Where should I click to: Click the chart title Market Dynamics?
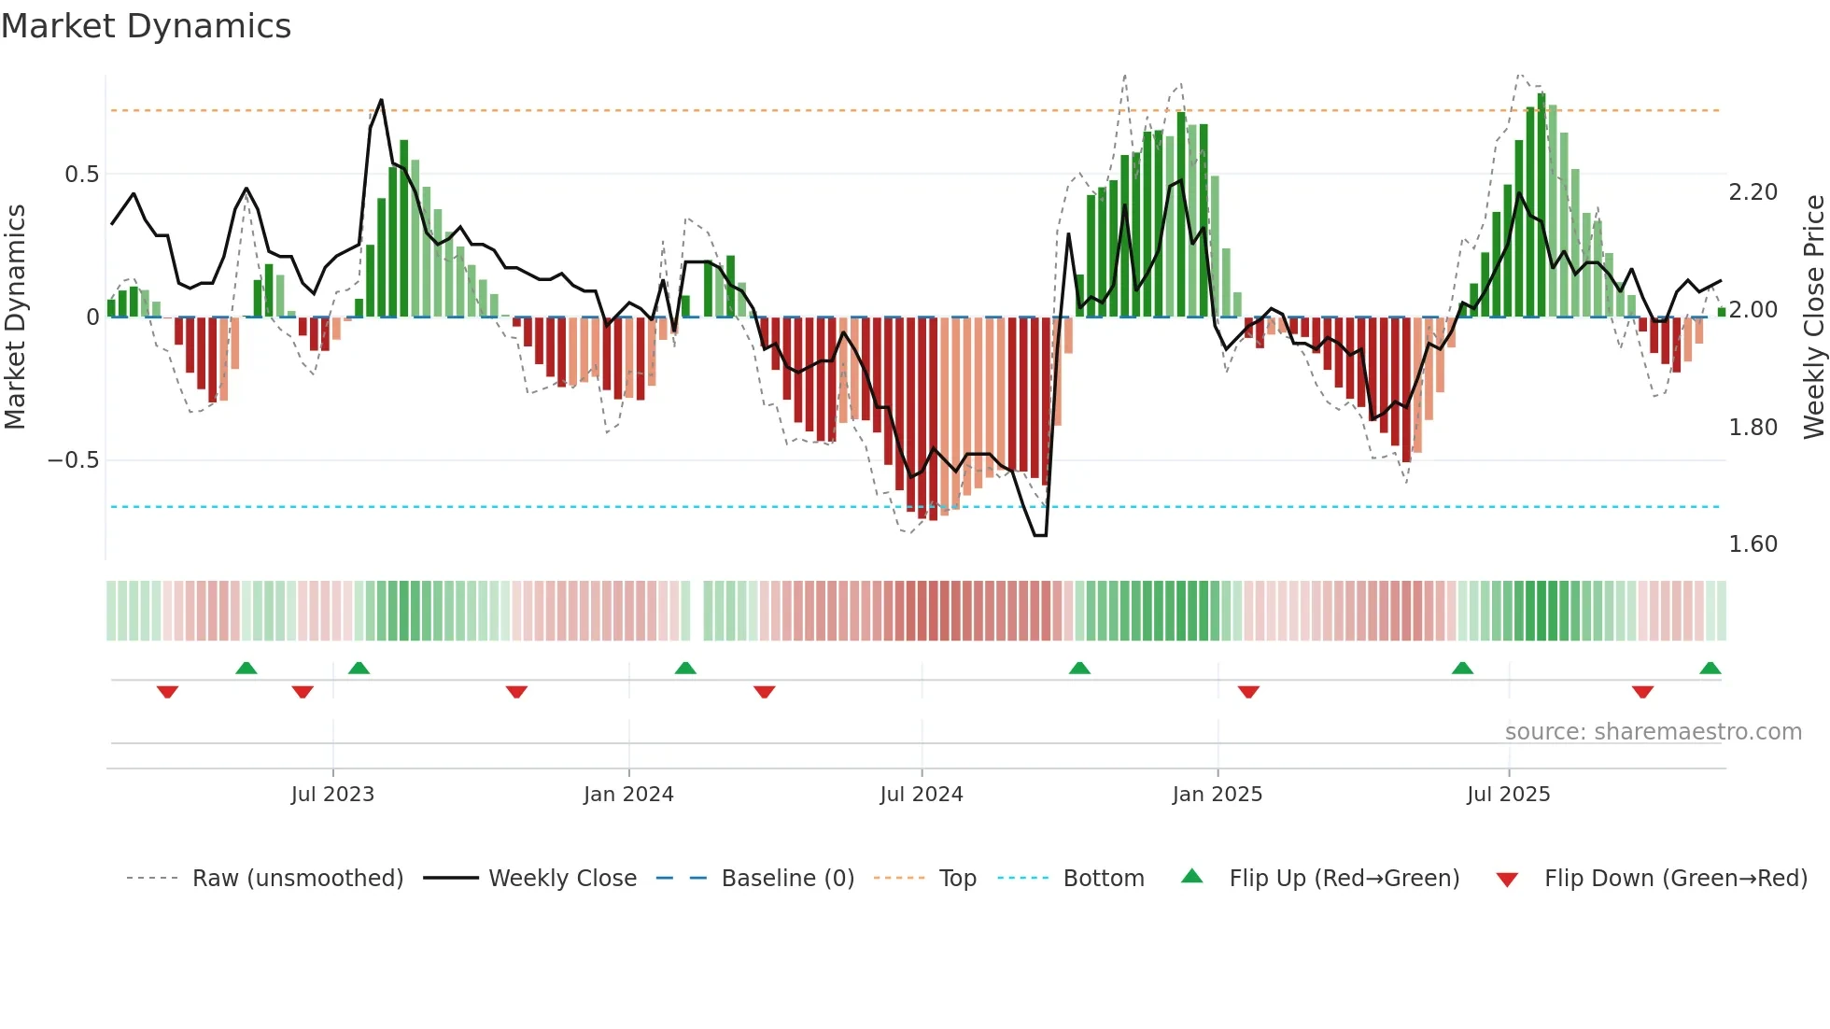point(146,26)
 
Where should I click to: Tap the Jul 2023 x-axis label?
point(332,795)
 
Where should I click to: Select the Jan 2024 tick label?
point(628,795)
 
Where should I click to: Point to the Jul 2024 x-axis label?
point(921,795)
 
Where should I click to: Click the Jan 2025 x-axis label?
point(1217,795)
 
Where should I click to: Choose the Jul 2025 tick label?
point(1508,795)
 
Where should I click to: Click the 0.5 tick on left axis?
point(81,175)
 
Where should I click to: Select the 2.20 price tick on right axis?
point(1753,192)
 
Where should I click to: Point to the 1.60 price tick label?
point(1753,544)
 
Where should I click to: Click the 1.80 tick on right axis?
point(1753,428)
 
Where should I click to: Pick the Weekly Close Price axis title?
point(1813,317)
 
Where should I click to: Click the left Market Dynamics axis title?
point(15,317)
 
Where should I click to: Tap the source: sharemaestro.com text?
point(1653,732)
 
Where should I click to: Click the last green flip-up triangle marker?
point(1710,669)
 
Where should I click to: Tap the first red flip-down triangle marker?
point(167,692)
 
